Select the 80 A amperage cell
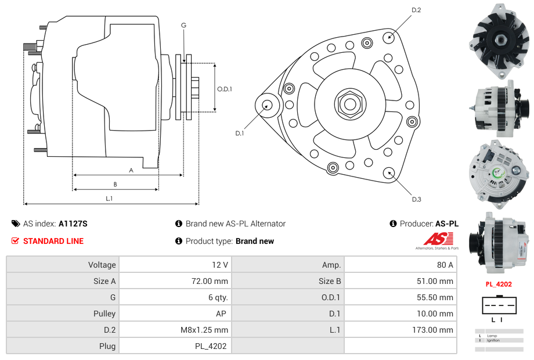coord(445,265)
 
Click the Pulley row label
coord(104,314)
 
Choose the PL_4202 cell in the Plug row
coord(211,346)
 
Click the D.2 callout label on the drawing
coord(416,10)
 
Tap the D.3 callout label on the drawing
coord(416,199)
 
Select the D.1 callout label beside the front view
coord(240,133)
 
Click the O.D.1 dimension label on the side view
coord(225,89)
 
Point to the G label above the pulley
coord(183,26)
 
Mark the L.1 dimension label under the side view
coord(109,199)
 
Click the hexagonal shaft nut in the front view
coord(349,104)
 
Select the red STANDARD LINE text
coord(53,241)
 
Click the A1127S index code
coord(73,224)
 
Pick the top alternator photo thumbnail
coord(499,41)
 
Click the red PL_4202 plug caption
coord(499,285)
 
